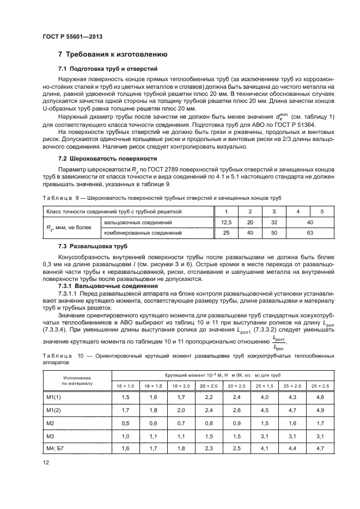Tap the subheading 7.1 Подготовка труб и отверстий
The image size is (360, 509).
pos(108,70)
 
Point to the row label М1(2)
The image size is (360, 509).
pos(53,410)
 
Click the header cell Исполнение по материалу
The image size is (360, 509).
pos(77,380)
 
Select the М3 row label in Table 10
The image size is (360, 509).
pos(51,435)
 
